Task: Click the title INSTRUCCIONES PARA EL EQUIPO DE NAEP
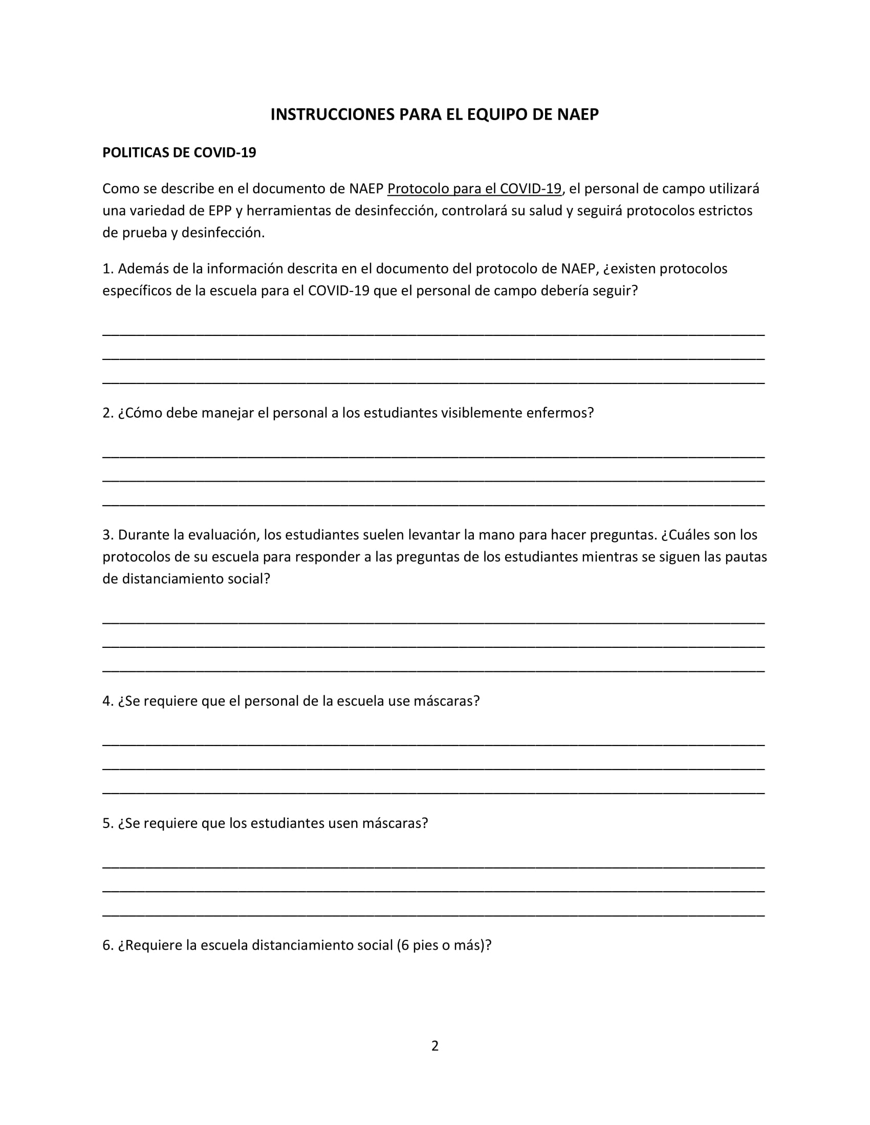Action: coord(434,115)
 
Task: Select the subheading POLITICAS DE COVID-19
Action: coord(179,153)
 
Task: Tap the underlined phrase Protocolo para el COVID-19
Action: coord(474,189)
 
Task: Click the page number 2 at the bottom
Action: coord(435,1046)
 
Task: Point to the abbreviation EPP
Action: coord(220,211)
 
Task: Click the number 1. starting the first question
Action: coord(107,269)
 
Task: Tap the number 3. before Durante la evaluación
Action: coord(107,535)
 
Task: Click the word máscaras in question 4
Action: coord(446,701)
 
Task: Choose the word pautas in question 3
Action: coord(746,557)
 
